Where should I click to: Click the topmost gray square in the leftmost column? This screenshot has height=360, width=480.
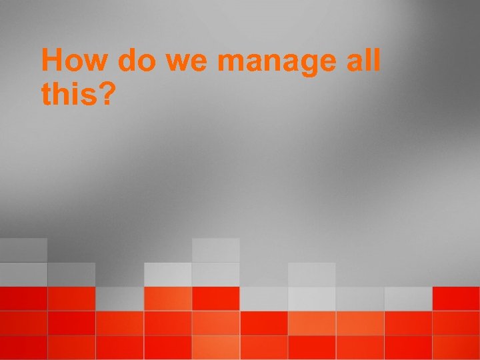click(x=23, y=250)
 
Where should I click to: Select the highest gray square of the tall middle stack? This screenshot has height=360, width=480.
click(x=215, y=250)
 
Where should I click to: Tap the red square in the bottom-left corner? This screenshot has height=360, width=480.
click(x=23, y=347)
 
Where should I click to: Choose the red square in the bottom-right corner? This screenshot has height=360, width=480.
click(x=456, y=347)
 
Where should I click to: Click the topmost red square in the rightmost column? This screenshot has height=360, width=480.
click(x=456, y=299)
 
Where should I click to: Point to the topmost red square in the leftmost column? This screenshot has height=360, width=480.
click(x=23, y=299)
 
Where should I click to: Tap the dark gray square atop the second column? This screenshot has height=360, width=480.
click(x=71, y=274)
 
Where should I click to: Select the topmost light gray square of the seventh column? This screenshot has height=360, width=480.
click(x=311, y=274)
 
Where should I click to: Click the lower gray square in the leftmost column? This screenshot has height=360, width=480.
click(x=23, y=274)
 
